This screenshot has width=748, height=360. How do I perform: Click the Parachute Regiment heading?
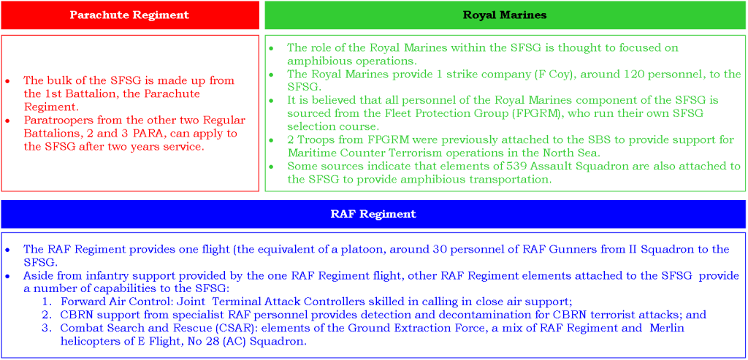click(x=129, y=15)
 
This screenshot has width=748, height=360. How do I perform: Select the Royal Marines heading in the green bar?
click(x=504, y=15)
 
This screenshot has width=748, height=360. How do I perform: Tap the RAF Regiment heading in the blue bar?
click(x=373, y=214)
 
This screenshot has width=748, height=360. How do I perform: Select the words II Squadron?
click(x=653, y=249)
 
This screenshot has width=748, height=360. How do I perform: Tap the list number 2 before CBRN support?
click(x=45, y=315)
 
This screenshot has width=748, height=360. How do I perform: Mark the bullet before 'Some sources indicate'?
click(x=271, y=166)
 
